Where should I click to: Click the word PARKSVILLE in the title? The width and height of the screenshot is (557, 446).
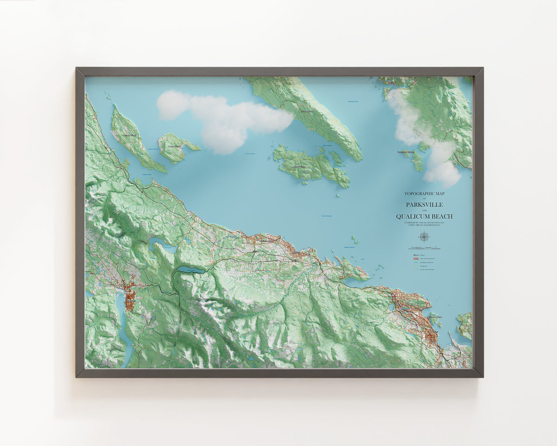pyautogui.click(x=424, y=204)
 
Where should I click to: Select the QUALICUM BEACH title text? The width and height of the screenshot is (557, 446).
pyautogui.click(x=424, y=216)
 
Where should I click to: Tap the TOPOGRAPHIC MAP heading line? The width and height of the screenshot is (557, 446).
pyautogui.click(x=424, y=194)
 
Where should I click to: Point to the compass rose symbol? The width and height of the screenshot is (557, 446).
pyautogui.click(x=424, y=237)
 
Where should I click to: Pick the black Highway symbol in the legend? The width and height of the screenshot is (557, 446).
pyautogui.click(x=411, y=256)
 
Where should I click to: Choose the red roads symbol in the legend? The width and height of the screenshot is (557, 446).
pyautogui.click(x=411, y=259)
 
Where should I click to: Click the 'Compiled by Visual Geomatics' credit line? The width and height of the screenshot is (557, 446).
pyautogui.click(x=424, y=223)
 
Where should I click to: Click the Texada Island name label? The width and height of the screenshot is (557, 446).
pyautogui.click(x=307, y=111)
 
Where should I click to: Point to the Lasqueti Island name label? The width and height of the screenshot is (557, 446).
pyautogui.click(x=298, y=166)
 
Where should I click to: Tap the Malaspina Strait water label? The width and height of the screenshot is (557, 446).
pyautogui.click(x=353, y=101)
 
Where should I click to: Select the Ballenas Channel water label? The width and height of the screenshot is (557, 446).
pyautogui.click(x=350, y=247)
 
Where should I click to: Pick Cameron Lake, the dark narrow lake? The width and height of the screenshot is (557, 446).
pyautogui.click(x=189, y=269)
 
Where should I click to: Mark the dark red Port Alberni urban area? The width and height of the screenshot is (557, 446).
pyautogui.click(x=129, y=293)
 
